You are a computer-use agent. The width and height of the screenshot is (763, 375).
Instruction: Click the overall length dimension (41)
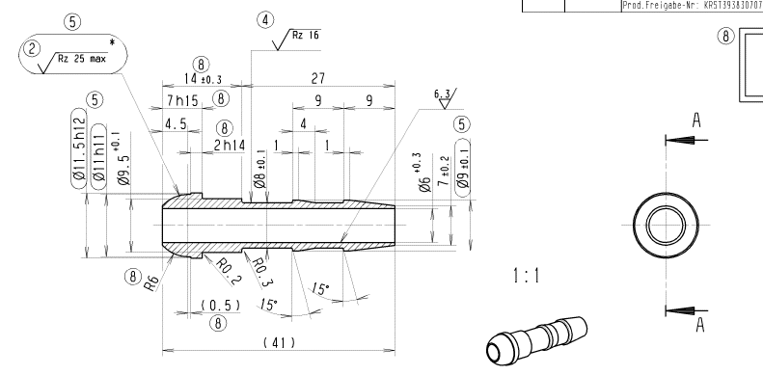(279, 343)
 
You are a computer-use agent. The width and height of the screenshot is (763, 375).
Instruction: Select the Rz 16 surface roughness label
(306, 35)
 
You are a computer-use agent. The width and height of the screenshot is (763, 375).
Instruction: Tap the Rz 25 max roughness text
(81, 59)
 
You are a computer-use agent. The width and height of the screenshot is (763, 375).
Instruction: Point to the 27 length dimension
(317, 78)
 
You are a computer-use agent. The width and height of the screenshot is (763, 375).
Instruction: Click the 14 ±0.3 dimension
(203, 78)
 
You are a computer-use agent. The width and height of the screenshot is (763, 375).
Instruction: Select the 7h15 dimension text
(182, 100)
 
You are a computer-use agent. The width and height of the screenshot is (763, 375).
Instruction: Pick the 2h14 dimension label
(230, 145)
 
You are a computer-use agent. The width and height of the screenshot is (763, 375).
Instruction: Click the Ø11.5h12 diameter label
(79, 148)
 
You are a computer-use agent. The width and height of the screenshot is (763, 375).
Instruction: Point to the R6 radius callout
(151, 282)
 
